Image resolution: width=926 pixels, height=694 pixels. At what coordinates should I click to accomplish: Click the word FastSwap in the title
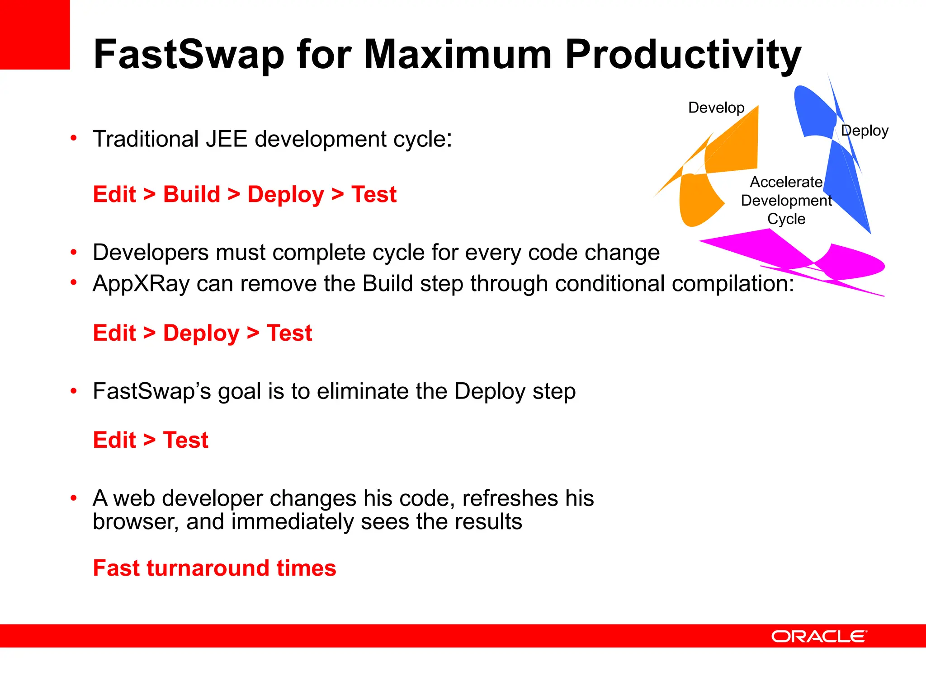pyautogui.click(x=189, y=55)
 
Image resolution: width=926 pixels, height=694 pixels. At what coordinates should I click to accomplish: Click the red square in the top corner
pyautogui.click(x=34, y=34)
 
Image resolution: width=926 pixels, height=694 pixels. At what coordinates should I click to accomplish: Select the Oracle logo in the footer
pyautogui.click(x=819, y=636)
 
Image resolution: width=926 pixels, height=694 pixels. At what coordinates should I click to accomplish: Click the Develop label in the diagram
pyautogui.click(x=716, y=108)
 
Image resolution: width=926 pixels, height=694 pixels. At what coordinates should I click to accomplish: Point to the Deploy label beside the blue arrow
pyautogui.click(x=865, y=131)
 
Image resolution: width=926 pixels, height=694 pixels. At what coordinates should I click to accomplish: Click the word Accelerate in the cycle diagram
pyautogui.click(x=786, y=182)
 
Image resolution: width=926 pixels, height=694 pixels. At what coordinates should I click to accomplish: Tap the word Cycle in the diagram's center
pyautogui.click(x=786, y=219)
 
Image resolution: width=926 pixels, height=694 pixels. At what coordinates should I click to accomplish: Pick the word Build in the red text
pyautogui.click(x=191, y=194)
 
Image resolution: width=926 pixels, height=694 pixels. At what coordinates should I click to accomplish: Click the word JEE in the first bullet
pyautogui.click(x=226, y=139)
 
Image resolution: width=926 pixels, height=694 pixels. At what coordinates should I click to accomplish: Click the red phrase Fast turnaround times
pyautogui.click(x=214, y=568)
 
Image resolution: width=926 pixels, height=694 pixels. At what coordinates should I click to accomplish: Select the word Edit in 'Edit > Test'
pyautogui.click(x=114, y=440)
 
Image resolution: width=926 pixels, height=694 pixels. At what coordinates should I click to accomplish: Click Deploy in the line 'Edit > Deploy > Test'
pyautogui.click(x=201, y=333)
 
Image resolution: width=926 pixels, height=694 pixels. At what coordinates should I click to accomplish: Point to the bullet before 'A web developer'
pyautogui.click(x=74, y=498)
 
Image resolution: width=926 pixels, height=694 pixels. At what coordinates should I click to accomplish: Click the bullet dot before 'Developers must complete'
pyautogui.click(x=74, y=253)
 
